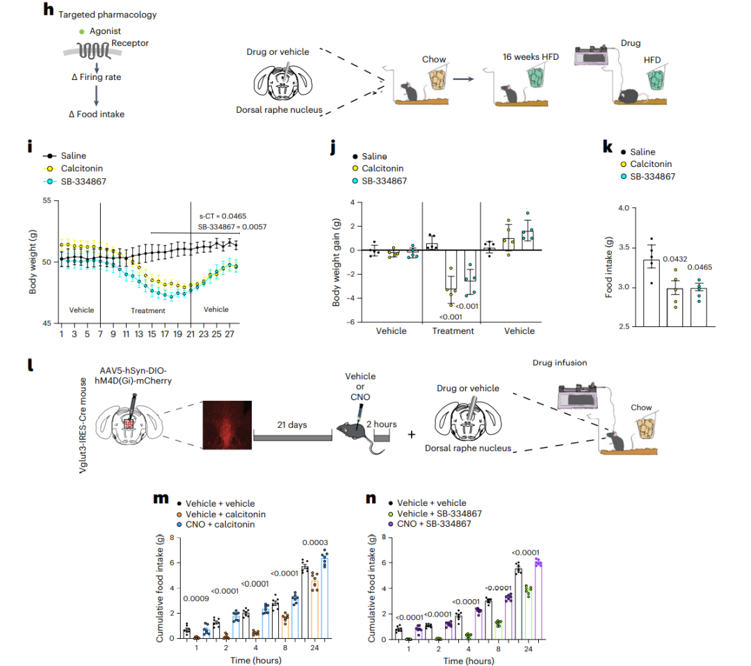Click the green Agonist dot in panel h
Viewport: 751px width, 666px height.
[81, 31]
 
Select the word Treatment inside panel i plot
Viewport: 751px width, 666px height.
[147, 310]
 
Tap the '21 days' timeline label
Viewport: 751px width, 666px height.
[293, 425]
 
